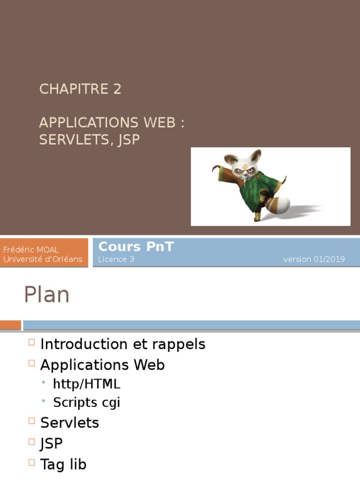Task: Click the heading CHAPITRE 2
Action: click(80, 89)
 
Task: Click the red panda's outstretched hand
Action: click(216, 168)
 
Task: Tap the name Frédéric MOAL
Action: click(31, 250)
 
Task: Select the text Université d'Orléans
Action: click(43, 259)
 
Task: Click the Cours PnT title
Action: click(136, 247)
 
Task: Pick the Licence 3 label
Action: click(116, 259)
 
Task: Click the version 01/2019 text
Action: click(314, 259)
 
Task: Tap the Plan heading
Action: click(46, 295)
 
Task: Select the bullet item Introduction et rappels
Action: click(123, 344)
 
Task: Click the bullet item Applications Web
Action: click(102, 365)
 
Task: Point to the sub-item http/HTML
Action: click(87, 384)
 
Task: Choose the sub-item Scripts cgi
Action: click(87, 403)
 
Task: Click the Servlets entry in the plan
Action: click(69, 423)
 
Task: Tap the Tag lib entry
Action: click(63, 464)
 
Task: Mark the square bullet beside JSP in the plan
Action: click(31, 442)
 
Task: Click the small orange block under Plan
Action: click(10, 325)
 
